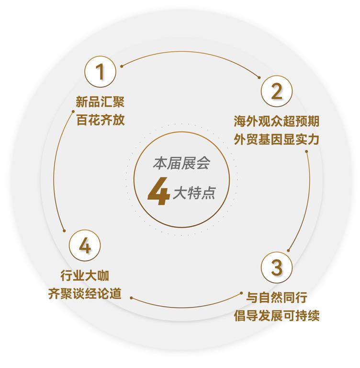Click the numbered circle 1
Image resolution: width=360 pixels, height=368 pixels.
click(x=101, y=71)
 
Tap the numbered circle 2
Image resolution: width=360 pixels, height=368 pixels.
click(x=277, y=91)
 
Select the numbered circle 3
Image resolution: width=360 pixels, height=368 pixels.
click(x=277, y=267)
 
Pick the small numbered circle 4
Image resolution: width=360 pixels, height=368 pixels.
click(x=84, y=247)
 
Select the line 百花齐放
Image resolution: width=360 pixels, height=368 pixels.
click(x=101, y=120)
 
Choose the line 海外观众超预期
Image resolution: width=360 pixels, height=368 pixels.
click(x=277, y=121)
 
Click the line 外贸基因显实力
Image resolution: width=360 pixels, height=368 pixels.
click(x=277, y=139)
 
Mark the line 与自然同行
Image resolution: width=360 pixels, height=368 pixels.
click(x=277, y=298)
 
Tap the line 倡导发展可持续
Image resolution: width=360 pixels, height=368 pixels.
click(x=277, y=316)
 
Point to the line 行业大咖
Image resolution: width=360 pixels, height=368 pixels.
click(x=84, y=276)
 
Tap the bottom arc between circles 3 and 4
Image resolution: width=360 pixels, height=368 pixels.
click(x=187, y=307)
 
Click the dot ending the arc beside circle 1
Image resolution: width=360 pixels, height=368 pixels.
click(x=122, y=65)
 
